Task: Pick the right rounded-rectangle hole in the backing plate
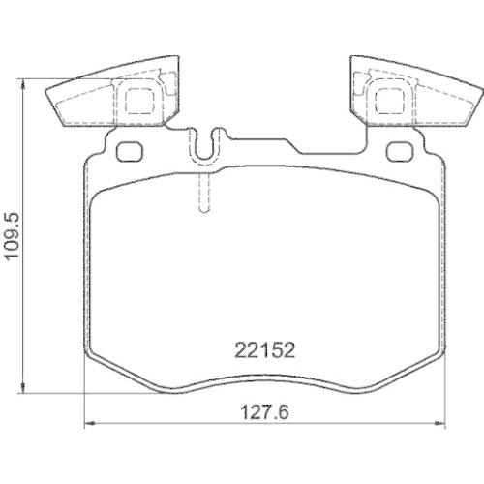tap(398, 152)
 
